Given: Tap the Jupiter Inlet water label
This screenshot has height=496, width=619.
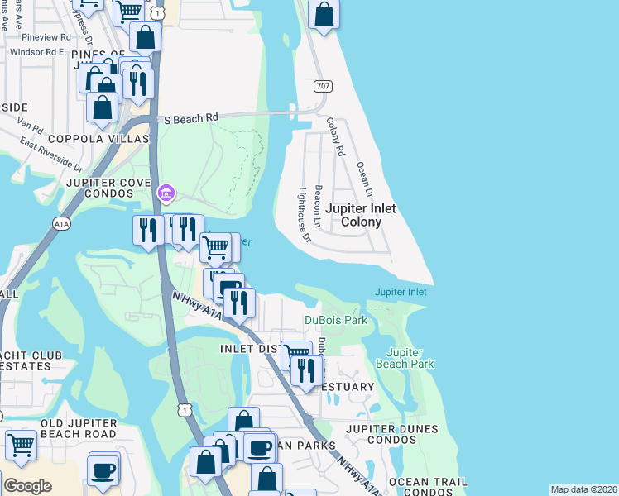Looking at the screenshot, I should point(401,292).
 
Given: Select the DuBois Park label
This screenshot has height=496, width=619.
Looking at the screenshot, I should point(335,320).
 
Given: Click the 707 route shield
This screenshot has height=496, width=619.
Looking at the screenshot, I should point(323,86).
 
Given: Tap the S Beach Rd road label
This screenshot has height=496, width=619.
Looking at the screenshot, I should point(190,119).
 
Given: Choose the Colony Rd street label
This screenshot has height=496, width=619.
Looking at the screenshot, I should point(334,136).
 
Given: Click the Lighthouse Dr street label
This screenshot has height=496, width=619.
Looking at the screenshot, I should point(303,214).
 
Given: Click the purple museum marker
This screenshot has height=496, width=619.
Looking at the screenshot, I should point(166,193).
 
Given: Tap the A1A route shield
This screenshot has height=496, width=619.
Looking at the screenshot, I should point(61,223).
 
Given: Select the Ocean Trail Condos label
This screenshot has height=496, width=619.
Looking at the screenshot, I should point(427,488).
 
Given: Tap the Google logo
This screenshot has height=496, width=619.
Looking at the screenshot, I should point(27,486).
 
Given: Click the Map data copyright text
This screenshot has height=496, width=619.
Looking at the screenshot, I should point(583,489).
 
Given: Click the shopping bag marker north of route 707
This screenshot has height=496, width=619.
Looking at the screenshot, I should point(324,14).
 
